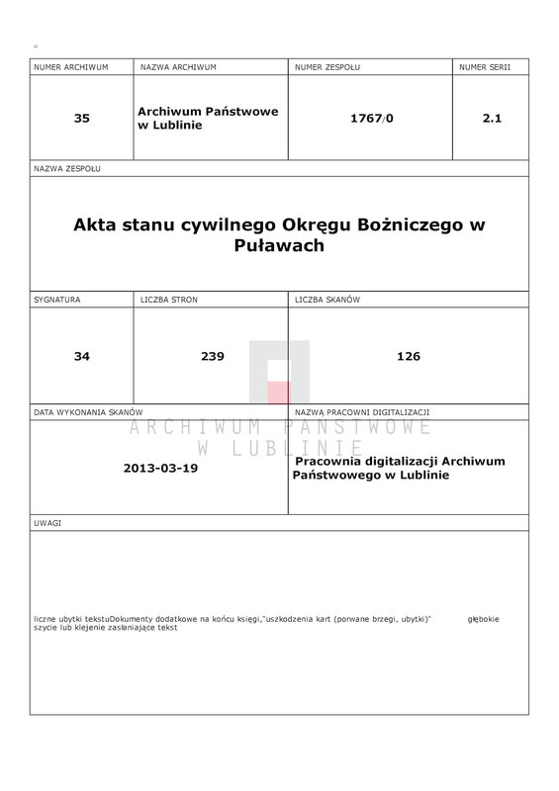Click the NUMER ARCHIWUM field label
click(70, 67)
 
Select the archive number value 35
click(81, 118)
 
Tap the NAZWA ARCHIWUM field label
click(178, 67)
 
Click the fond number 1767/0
click(371, 118)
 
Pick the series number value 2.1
click(492, 118)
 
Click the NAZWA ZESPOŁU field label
click(67, 169)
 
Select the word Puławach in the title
click(279, 245)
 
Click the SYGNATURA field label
click(57, 298)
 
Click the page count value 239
click(211, 356)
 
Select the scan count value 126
click(408, 356)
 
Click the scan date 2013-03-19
click(161, 468)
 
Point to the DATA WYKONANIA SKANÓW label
click(89, 411)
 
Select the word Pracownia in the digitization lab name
click(330, 462)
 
